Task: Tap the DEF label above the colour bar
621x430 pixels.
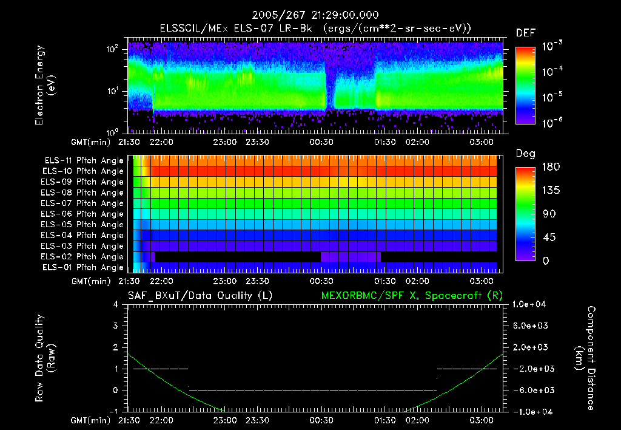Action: [525, 33]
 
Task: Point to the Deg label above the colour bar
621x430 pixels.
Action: [525, 154]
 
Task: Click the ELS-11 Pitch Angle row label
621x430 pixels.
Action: [84, 160]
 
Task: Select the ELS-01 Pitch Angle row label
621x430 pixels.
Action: [84, 267]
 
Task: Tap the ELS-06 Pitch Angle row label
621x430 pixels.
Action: [84, 214]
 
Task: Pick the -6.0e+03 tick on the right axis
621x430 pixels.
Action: [531, 390]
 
